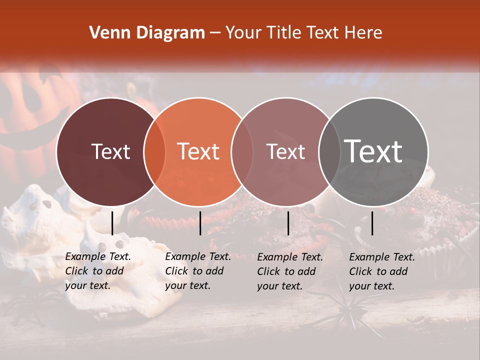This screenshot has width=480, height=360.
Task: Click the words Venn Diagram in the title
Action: tap(147, 33)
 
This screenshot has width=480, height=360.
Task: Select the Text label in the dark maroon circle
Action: tap(110, 151)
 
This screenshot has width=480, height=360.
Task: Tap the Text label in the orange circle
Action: tap(198, 151)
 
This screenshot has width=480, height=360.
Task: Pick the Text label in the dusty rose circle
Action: tap(285, 151)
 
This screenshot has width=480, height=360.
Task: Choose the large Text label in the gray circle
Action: tap(373, 151)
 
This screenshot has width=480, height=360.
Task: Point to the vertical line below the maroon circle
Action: tap(112, 223)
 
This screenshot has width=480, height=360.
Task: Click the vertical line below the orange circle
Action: tap(200, 223)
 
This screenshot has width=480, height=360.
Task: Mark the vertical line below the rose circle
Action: tap(288, 223)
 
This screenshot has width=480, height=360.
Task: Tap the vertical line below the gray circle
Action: tap(372, 223)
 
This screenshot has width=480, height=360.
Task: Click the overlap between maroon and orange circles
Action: tap(154, 151)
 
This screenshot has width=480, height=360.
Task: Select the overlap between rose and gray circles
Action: tap(329, 151)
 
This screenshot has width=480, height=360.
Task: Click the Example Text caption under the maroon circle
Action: tap(98, 271)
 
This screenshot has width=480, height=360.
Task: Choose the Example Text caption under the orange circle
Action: tap(198, 271)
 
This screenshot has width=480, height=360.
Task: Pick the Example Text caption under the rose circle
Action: tap(290, 271)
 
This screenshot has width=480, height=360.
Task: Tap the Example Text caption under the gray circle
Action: tap(382, 271)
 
